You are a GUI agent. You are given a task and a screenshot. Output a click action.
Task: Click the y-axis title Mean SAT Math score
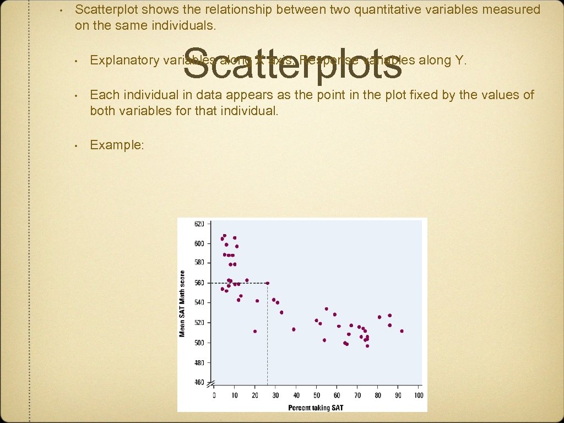click(x=182, y=303)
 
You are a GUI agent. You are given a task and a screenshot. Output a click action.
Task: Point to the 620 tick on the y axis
click(x=199, y=224)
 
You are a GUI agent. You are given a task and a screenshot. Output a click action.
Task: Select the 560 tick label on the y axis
click(x=199, y=283)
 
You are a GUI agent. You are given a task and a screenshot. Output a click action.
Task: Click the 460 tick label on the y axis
click(x=199, y=382)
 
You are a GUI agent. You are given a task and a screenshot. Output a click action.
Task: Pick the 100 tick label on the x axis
click(x=418, y=395)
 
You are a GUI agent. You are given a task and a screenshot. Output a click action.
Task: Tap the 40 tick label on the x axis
click(x=296, y=395)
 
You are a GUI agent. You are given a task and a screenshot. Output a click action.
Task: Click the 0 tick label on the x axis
click(x=214, y=395)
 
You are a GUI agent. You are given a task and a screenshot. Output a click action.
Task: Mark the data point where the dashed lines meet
click(x=268, y=283)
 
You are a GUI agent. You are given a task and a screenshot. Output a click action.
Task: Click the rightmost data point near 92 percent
click(x=402, y=331)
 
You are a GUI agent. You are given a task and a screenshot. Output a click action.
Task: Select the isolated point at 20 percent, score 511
click(x=255, y=331)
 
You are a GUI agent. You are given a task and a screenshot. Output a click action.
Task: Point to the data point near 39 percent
click(x=294, y=329)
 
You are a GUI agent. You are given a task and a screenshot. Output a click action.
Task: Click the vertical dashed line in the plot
click(x=268, y=341)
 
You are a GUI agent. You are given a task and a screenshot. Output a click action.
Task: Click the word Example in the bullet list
click(x=116, y=145)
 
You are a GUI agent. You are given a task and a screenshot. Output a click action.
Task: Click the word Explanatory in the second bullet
click(x=124, y=60)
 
